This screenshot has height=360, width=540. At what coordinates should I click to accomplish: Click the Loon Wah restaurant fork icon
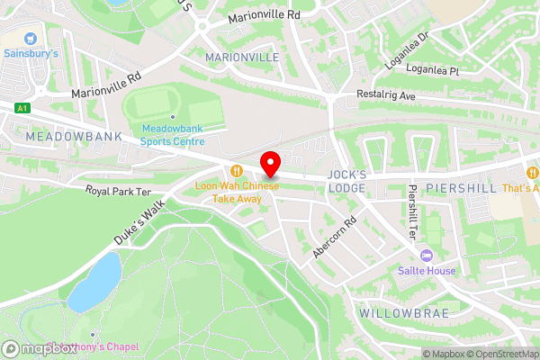237,170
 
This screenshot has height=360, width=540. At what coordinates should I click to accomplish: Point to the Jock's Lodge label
346,180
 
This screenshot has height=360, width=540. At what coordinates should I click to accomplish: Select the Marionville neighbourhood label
242,58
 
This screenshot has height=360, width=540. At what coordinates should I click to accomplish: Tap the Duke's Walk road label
142,221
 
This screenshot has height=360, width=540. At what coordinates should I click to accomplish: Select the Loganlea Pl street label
432,68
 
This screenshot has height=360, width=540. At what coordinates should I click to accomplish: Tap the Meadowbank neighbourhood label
60,136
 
